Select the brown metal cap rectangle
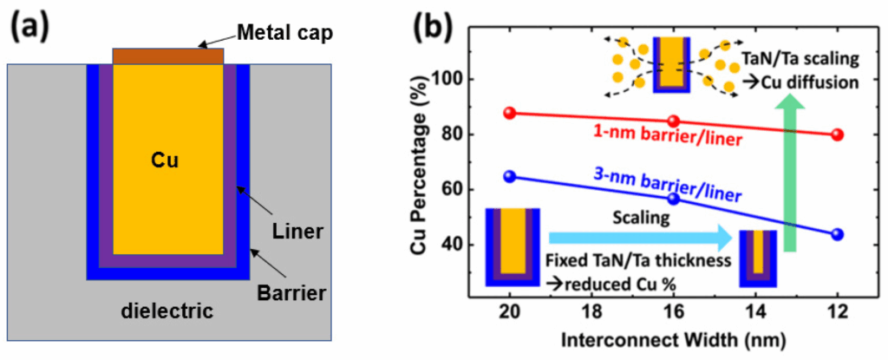(x=168, y=56)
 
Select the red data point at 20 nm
(x=510, y=113)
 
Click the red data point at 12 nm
(x=837, y=134)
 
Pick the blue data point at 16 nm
(x=674, y=199)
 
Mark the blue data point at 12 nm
(x=837, y=234)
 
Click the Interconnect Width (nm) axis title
(x=672, y=337)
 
